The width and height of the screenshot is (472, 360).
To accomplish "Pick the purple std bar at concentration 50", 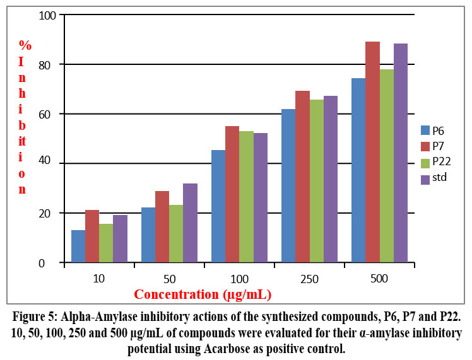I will click(190, 223).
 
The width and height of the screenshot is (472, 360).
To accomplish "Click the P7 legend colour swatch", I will click(425, 146).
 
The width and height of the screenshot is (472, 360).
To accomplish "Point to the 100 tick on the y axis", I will click(48, 15).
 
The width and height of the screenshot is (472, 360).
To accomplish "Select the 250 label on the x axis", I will click(309, 278).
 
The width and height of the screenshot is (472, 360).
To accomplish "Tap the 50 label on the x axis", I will click(169, 278).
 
